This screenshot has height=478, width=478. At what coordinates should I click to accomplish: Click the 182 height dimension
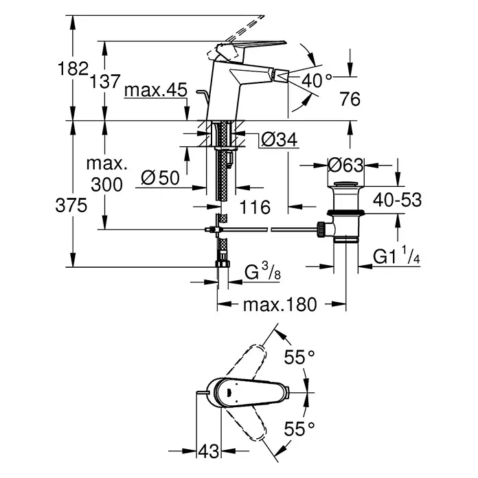click(x=73, y=69)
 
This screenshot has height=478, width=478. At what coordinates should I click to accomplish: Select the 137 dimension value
click(x=105, y=82)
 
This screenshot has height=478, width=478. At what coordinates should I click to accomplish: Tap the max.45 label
click(x=156, y=90)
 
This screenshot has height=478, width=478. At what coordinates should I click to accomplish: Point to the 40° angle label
click(x=317, y=80)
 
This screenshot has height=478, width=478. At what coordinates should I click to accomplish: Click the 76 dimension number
click(x=350, y=99)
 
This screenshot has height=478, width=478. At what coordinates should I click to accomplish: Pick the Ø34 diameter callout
click(x=280, y=140)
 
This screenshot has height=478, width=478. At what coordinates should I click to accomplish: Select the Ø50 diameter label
click(x=160, y=178)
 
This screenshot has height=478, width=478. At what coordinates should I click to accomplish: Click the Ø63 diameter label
click(x=345, y=166)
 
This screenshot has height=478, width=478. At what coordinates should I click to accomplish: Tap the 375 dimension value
click(x=71, y=205)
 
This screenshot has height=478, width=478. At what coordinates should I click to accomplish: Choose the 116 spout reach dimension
click(x=255, y=207)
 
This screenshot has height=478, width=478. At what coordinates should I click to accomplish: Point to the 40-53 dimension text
click(x=397, y=200)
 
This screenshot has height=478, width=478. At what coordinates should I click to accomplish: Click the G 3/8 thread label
click(x=262, y=272)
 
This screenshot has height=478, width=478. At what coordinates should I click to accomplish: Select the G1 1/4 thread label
click(x=396, y=255)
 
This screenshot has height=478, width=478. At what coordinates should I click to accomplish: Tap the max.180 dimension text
click(x=280, y=304)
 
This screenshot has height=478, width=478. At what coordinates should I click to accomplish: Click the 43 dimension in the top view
click(x=209, y=451)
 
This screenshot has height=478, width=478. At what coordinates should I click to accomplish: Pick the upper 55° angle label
click(x=299, y=357)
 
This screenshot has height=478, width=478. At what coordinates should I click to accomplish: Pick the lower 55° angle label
click(x=299, y=429)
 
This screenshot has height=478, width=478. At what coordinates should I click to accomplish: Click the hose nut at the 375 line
click(x=223, y=264)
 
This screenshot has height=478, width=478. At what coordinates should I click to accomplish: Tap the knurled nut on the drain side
click(x=321, y=229)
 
